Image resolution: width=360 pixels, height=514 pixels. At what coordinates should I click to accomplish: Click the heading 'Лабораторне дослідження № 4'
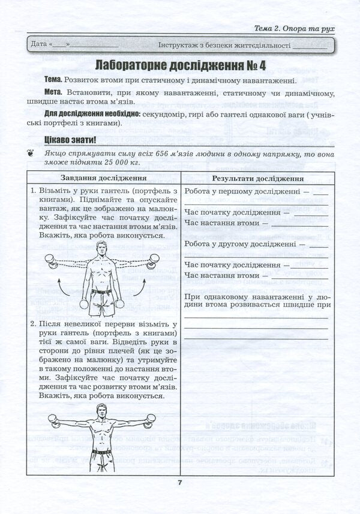180,65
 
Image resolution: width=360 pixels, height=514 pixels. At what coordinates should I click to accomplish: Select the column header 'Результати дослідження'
257,178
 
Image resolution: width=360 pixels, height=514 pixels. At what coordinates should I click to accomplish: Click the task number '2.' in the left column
35,324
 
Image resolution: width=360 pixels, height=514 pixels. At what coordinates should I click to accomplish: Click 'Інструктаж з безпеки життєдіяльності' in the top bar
224,45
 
